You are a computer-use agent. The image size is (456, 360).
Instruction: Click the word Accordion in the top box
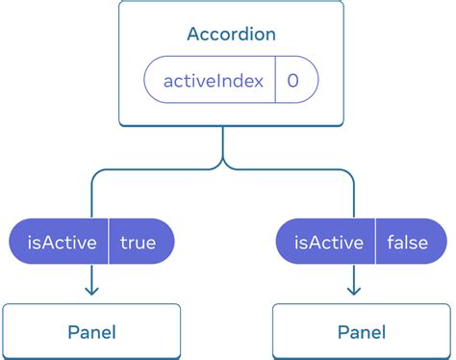pos(231,35)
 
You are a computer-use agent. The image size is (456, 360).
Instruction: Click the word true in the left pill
pos(139,243)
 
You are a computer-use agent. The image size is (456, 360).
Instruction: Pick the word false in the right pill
pos(407,243)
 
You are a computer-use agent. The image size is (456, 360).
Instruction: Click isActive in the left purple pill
pos(61,243)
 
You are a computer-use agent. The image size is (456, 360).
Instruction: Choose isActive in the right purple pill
pos(329,243)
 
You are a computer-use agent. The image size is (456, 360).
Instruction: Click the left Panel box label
pos(91,333)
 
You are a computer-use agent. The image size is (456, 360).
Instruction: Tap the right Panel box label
pos(362,333)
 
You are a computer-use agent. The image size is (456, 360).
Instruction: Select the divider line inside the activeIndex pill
pos(275,80)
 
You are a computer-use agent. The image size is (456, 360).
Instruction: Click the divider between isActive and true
pos(108,243)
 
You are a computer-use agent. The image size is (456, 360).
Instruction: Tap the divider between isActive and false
pos(376,243)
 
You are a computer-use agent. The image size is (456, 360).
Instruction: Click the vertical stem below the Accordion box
pos(223,142)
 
